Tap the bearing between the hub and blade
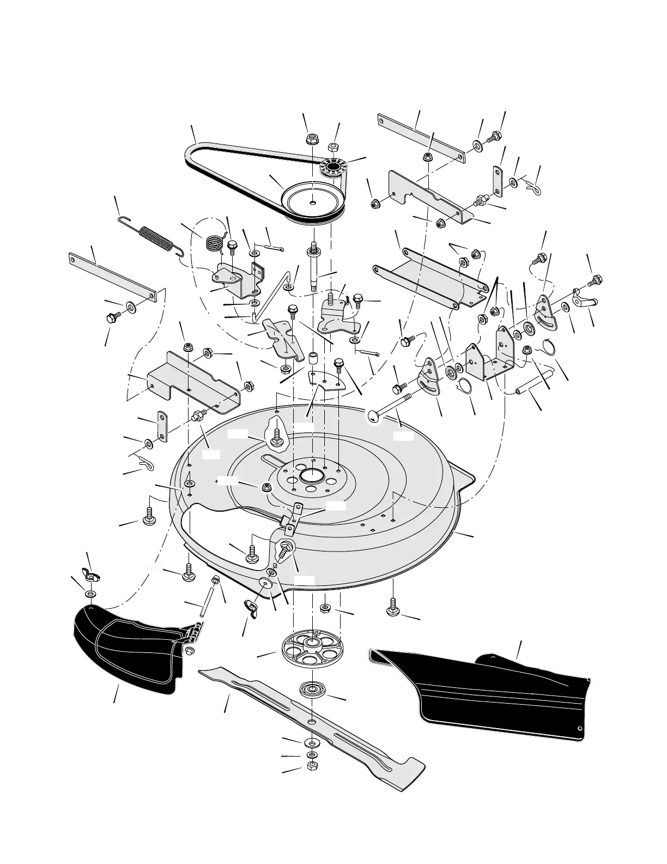click(312, 688)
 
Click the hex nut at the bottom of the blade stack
click(312, 765)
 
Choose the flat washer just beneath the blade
click(312, 742)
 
